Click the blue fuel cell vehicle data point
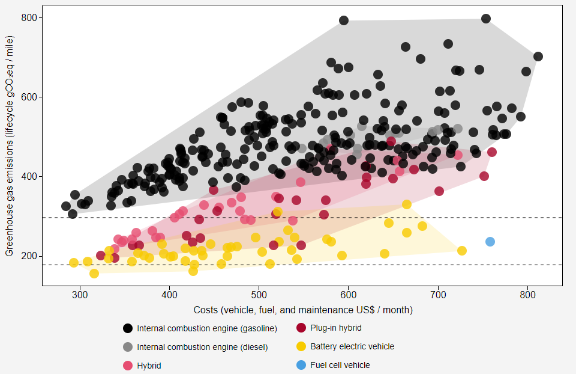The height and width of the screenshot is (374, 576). pos(490,242)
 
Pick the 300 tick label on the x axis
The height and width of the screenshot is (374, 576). pos(80,295)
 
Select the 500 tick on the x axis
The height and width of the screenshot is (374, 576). pos(259,295)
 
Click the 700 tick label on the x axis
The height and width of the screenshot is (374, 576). pos(438,295)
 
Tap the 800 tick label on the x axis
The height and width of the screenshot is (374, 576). pos(528,295)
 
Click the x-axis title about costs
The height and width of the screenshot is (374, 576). pos(303,310)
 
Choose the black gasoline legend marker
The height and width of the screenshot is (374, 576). pos(128,328)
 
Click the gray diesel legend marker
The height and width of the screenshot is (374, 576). pos(128,347)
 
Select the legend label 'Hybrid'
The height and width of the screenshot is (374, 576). pos(149,366)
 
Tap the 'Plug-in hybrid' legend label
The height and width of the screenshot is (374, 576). pos(336,328)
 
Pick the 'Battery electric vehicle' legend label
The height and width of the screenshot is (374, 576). pos(352,346)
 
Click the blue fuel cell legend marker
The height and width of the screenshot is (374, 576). pos(301,365)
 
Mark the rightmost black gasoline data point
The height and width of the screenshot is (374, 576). pos(538,57)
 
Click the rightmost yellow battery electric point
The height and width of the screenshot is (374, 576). pos(462,251)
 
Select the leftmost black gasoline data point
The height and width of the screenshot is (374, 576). pos(66,206)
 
